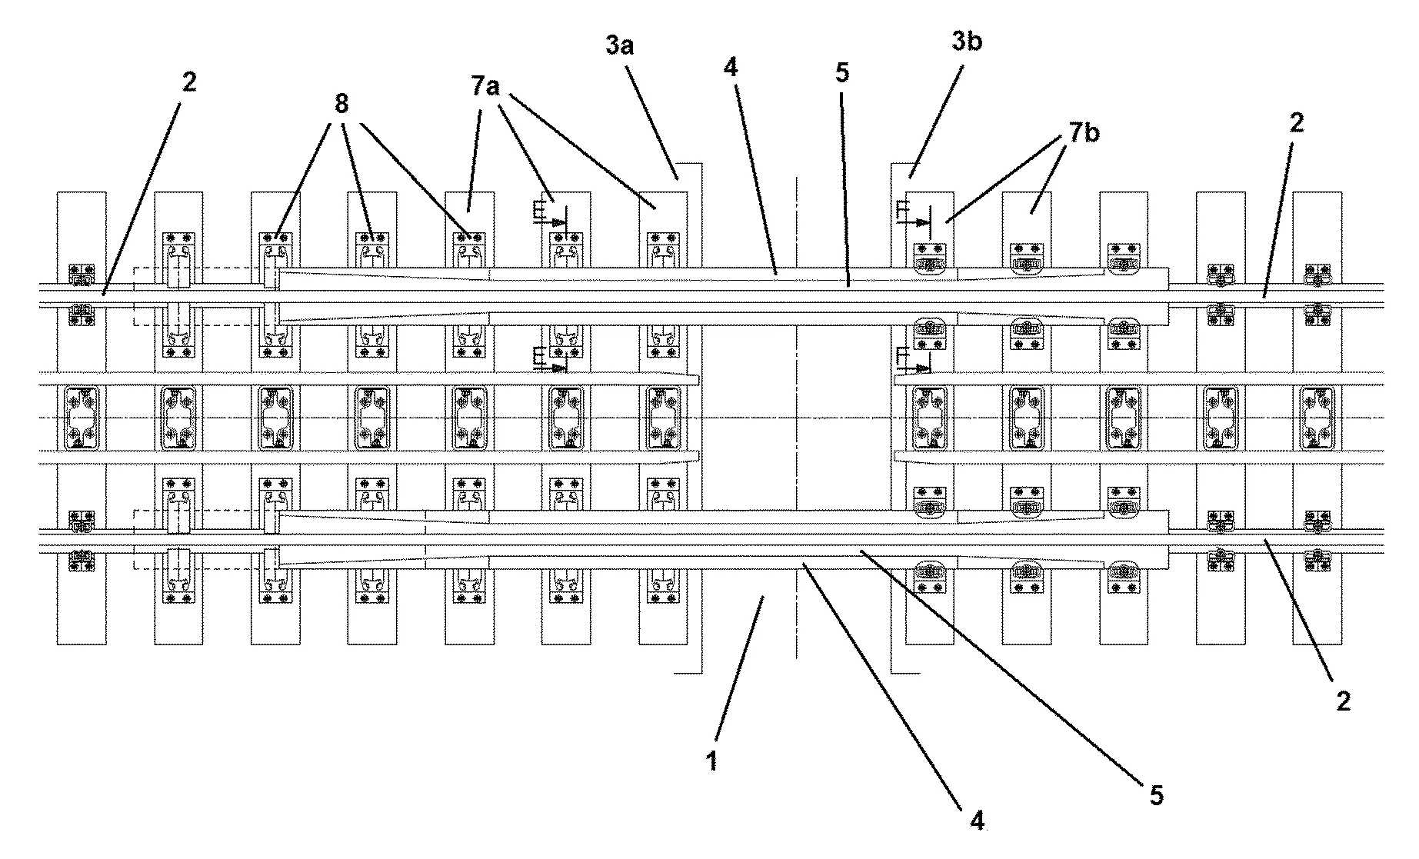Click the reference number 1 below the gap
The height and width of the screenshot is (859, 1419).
712,761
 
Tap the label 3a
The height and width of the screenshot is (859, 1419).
619,45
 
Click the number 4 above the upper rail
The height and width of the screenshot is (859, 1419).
731,68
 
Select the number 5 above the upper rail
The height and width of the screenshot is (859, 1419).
842,73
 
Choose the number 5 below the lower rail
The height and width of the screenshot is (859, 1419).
1156,794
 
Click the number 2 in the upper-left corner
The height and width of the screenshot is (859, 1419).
189,82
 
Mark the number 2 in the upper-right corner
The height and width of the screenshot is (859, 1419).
1296,122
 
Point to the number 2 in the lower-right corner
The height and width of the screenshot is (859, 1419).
1343,701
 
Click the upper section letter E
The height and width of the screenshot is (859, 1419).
539,208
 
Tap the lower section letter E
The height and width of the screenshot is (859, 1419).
539,355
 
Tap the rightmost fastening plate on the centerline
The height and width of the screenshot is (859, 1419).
1317,418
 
